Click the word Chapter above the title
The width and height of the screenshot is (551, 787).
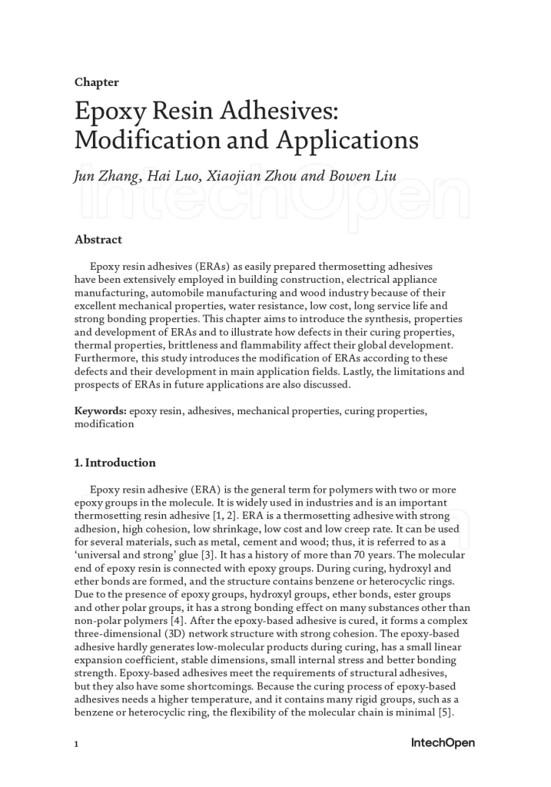(x=96, y=82)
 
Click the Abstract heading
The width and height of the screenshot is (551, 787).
(x=98, y=240)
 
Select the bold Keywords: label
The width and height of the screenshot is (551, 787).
(x=100, y=411)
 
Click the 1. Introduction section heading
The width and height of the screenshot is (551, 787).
(x=115, y=463)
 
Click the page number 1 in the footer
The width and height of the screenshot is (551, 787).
(x=77, y=744)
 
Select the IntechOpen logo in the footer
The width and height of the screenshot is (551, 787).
(x=443, y=742)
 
